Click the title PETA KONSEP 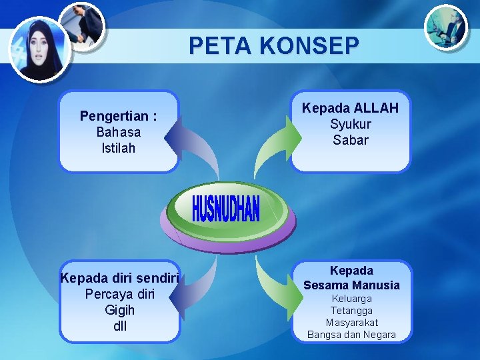[274, 45]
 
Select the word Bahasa [119, 132]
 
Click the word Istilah [119, 148]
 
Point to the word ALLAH [376, 108]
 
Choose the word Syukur [351, 124]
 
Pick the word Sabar [351, 140]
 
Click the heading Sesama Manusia [351, 285]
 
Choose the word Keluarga [352, 299]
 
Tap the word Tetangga [352, 311]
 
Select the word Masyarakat [352, 323]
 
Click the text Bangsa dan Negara [352, 335]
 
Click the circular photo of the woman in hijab [39, 48]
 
